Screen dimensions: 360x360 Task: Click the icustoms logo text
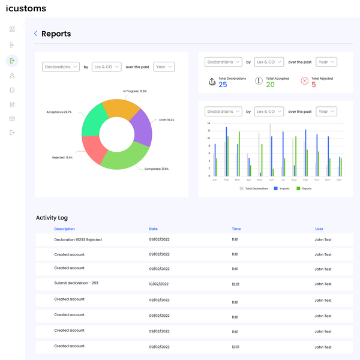point(26,9)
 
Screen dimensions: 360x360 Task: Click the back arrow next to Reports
point(36,34)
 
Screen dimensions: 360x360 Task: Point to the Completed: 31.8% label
point(157,169)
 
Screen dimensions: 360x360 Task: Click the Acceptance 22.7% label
point(59,112)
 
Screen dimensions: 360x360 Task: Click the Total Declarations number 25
point(223,85)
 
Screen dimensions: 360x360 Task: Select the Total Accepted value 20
point(270,85)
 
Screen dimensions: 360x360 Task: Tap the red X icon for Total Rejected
point(304,81)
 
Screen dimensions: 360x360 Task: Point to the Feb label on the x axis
point(226,179)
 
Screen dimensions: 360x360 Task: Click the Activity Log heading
point(52,218)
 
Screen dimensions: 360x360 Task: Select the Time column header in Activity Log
point(236,229)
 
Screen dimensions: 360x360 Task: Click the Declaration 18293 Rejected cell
point(77,239)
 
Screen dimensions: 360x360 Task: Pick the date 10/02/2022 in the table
point(158,284)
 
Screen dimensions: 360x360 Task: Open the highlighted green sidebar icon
point(12,61)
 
